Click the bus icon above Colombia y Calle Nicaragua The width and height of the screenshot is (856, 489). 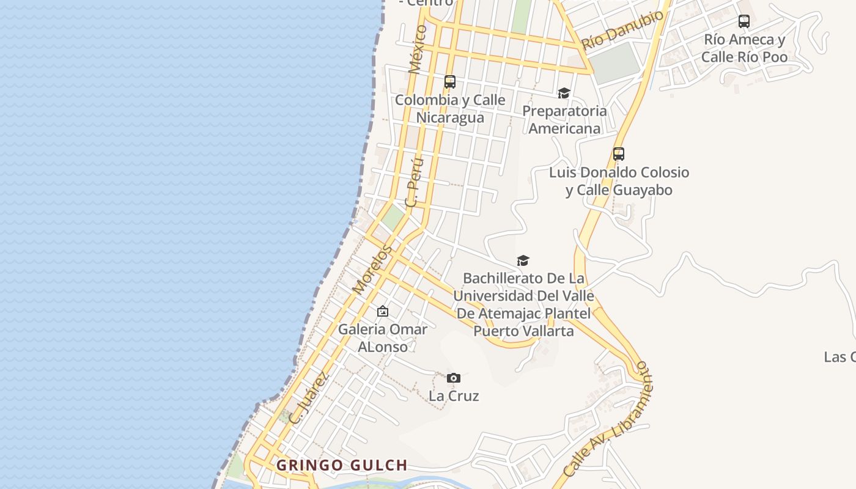tap(450, 81)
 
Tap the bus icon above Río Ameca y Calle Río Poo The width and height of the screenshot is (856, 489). tap(744, 21)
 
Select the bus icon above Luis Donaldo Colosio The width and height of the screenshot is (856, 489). tap(619, 154)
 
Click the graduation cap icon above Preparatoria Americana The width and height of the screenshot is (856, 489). tap(564, 93)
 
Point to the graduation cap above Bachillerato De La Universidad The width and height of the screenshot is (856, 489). tap(523, 261)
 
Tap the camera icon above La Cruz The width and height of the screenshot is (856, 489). tap(453, 378)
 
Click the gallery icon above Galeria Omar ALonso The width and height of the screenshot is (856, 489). tap(383, 312)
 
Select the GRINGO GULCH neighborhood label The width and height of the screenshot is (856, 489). tap(342, 465)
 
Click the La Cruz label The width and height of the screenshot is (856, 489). tap(454, 396)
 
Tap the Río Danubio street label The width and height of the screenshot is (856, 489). tap(622, 30)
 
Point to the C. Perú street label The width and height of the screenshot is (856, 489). tap(415, 182)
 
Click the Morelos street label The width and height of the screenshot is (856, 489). tap(372, 270)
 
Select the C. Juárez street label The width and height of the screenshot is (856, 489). tap(309, 398)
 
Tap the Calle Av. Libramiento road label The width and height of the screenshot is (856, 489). tap(608, 420)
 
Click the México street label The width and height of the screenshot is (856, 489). tap(418, 49)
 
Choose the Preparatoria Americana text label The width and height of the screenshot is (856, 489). tap(564, 120)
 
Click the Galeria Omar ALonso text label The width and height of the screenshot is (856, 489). tap(383, 338)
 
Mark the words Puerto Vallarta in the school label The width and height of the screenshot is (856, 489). tap(523, 331)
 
